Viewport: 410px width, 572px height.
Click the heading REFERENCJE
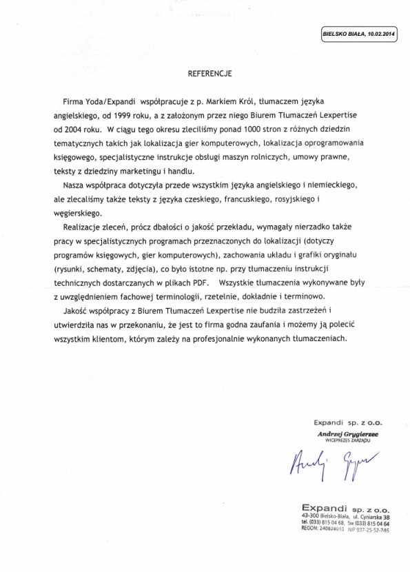212,71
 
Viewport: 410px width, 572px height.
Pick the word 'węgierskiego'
78,214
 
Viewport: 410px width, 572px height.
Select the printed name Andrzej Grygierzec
341,434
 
